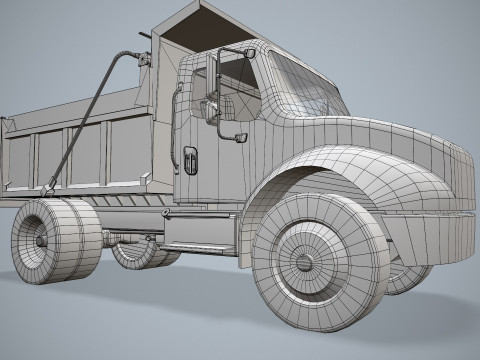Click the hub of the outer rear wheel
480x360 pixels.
(41, 241)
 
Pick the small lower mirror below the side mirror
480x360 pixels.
(240, 134)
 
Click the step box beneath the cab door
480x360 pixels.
(200, 234)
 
